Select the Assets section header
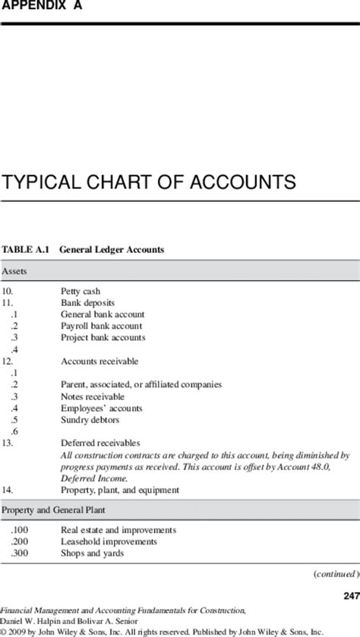click(x=15, y=271)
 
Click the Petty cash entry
click(x=81, y=291)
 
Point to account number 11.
click(x=8, y=302)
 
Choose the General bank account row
click(x=103, y=314)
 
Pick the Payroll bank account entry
click(x=101, y=326)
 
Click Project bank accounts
click(x=103, y=337)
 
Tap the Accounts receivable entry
click(x=99, y=361)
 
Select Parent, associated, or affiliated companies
click(x=141, y=384)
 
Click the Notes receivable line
click(x=93, y=396)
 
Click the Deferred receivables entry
click(x=100, y=443)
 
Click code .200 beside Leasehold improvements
click(x=19, y=541)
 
